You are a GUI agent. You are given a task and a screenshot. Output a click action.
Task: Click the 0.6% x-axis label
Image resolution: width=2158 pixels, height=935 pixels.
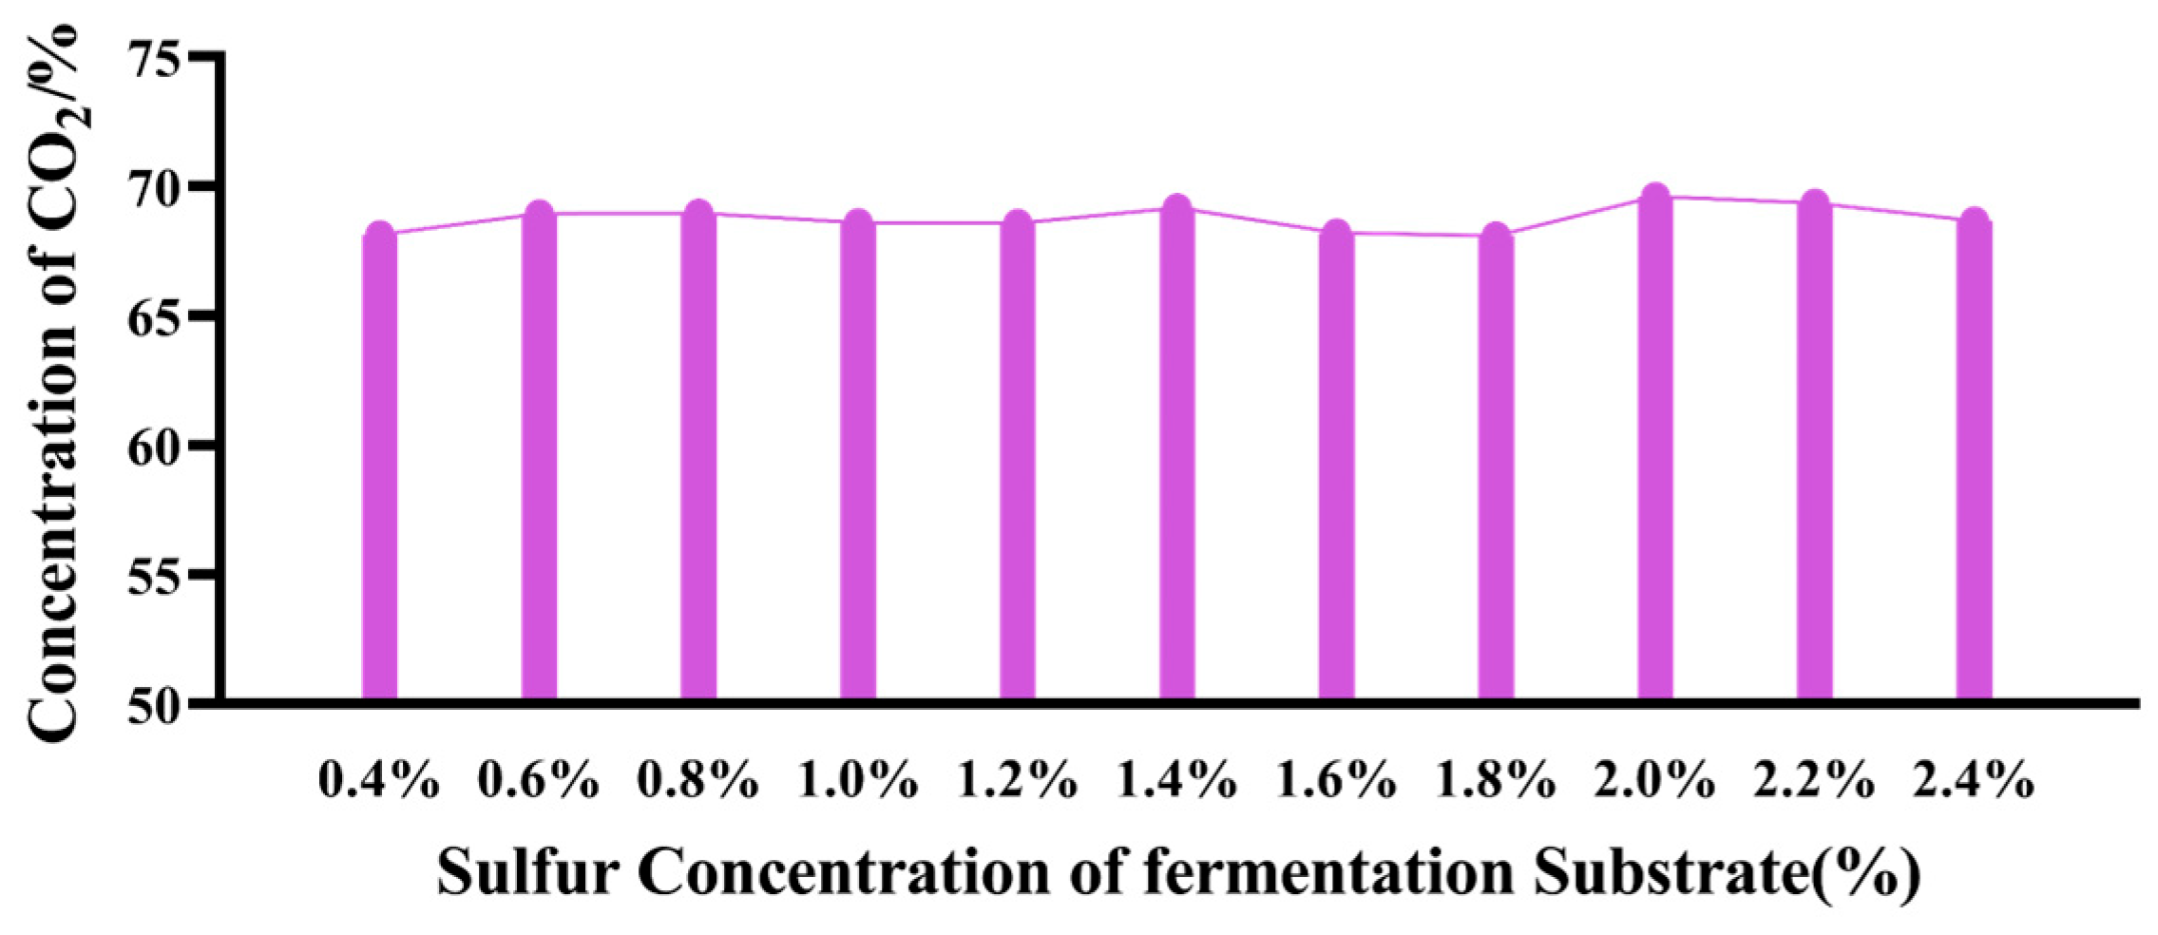(538, 781)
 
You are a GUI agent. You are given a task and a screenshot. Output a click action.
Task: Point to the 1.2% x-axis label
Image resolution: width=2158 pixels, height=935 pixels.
(1017, 781)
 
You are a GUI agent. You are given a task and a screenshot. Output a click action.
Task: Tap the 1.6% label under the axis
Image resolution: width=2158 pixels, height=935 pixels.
(1335, 781)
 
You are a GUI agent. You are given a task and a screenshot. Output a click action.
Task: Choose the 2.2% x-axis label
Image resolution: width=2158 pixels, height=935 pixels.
(1814, 781)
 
